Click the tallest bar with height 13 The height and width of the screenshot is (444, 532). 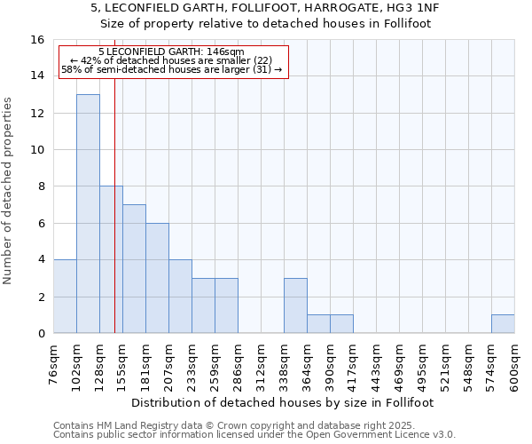tap(88, 213)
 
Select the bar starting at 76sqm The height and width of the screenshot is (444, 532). tap(65, 296)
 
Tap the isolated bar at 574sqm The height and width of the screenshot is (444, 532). tap(503, 324)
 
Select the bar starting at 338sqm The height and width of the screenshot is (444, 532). tap(295, 305)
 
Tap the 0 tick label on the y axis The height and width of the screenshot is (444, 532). tap(41, 333)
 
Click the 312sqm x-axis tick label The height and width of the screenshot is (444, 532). tap(261, 364)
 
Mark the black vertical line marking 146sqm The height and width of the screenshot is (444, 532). tap(114, 222)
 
